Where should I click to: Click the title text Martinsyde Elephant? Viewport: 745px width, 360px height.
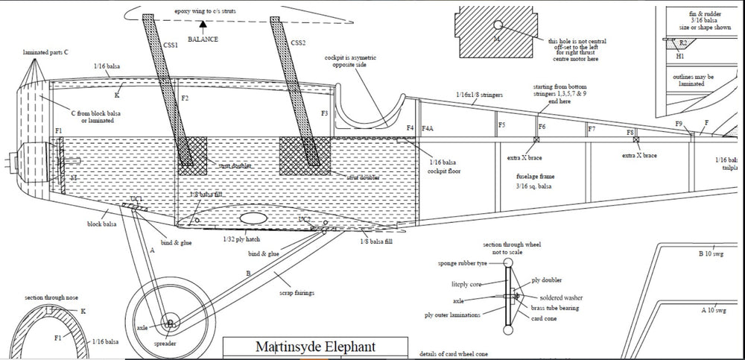point(316,347)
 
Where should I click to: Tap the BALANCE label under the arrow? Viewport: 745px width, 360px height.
point(203,38)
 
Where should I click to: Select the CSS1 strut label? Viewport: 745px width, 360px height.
point(170,45)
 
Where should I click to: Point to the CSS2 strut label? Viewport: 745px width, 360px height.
point(298,42)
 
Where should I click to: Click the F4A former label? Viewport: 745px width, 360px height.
point(428,128)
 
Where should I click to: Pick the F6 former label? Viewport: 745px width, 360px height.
point(542,127)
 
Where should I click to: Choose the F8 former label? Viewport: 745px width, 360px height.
point(630,132)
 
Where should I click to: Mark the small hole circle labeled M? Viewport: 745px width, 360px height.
point(498,25)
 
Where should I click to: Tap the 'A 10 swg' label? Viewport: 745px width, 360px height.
point(714,310)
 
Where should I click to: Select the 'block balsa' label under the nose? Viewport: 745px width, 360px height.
point(101,224)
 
